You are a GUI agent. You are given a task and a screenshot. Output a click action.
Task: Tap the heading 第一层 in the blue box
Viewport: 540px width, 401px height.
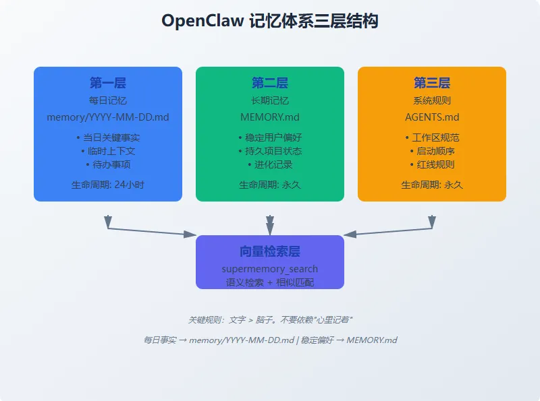tap(108, 83)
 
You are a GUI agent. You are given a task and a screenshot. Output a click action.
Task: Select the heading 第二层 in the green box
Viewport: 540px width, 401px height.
tap(270, 83)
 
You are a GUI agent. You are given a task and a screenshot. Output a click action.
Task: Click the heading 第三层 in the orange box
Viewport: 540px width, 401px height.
tap(432, 83)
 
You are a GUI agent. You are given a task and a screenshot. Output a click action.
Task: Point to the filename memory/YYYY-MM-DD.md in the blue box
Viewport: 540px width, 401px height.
tap(108, 117)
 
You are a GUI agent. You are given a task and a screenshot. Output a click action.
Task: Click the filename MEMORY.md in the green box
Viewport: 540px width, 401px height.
tap(270, 117)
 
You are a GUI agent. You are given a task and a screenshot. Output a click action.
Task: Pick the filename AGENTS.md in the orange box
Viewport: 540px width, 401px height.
tap(432, 117)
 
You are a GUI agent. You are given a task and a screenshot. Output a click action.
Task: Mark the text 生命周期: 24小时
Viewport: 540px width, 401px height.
tap(108, 185)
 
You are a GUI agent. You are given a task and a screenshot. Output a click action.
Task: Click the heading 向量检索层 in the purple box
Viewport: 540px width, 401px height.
tap(270, 251)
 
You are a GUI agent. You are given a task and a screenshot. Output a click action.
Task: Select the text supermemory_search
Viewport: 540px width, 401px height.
tap(270, 270)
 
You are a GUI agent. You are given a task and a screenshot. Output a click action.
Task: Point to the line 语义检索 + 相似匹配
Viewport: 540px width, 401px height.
tap(270, 282)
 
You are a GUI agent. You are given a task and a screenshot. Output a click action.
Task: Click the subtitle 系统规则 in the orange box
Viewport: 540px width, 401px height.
tap(432, 100)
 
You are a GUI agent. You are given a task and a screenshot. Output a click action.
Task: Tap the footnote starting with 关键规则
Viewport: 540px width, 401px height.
tap(270, 319)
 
